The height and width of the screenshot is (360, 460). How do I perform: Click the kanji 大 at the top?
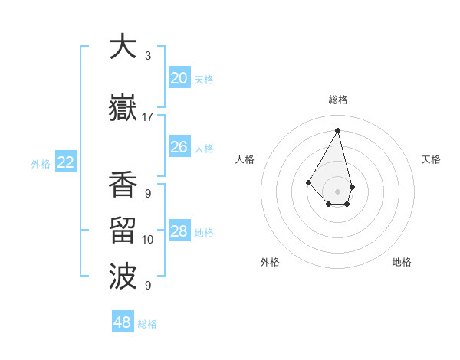click(123, 47)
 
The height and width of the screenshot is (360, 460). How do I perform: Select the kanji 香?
click(123, 185)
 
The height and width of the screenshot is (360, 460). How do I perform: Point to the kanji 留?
click(123, 231)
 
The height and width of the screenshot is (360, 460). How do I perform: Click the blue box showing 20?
click(179, 78)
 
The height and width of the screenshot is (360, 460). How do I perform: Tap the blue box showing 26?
click(179, 147)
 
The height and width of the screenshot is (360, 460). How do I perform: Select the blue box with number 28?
click(179, 231)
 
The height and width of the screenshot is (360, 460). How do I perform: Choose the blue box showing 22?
click(66, 162)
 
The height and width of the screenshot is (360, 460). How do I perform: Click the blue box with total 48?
click(123, 322)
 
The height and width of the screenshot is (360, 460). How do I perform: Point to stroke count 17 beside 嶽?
click(148, 117)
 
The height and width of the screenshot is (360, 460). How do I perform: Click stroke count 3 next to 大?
click(148, 56)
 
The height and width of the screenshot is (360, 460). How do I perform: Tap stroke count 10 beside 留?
click(148, 240)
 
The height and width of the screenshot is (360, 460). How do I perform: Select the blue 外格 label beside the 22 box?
click(41, 163)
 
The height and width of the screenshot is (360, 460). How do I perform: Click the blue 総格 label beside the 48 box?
click(147, 324)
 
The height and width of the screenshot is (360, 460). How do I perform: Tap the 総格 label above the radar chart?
click(338, 100)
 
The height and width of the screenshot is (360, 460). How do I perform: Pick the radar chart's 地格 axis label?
click(402, 263)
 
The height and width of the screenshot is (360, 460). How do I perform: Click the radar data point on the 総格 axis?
click(338, 129)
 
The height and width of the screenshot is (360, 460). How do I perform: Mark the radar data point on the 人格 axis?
click(309, 182)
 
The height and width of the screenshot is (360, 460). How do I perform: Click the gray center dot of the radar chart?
click(338, 191)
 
